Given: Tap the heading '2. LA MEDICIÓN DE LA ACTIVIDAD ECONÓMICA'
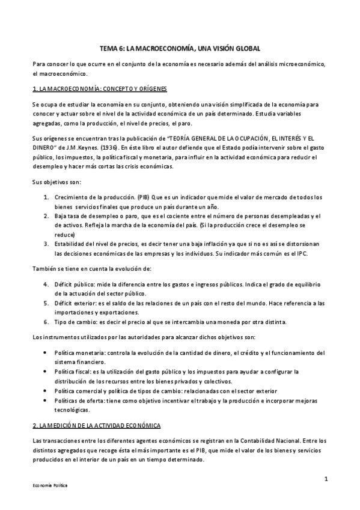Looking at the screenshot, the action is [x=96, y=426].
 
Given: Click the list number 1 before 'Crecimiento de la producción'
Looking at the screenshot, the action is [x=47, y=197].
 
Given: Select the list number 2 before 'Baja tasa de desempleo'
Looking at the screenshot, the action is [x=47, y=216].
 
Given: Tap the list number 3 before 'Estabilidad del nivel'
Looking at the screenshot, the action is [x=47, y=244].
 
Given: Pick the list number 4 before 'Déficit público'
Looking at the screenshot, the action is [x=47, y=284].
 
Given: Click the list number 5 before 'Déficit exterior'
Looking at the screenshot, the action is [x=47, y=303].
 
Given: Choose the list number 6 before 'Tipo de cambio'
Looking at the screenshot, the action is [x=47, y=322].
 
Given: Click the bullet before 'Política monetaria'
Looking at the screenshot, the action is [x=47, y=352].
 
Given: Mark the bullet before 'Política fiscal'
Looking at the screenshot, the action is [x=47, y=372].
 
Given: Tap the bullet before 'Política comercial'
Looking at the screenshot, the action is [x=47, y=390].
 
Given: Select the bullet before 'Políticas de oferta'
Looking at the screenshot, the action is [x=47, y=400].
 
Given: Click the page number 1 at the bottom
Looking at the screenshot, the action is [x=325, y=479].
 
